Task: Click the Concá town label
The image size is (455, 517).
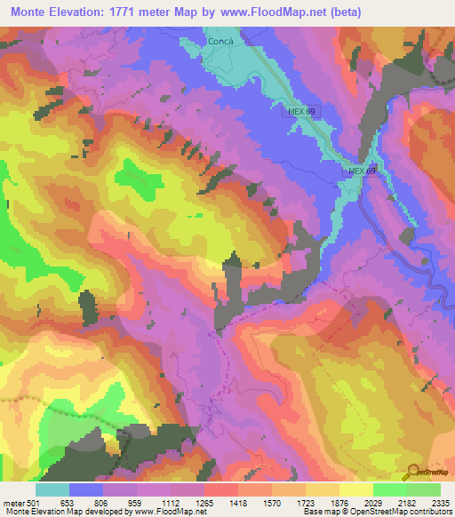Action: click(x=220, y=41)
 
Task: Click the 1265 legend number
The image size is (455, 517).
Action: click(x=204, y=501)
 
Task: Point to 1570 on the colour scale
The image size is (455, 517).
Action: click(x=272, y=501)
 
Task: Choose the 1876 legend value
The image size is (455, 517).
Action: click(x=339, y=501)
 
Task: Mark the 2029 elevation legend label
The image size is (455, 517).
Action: click(x=373, y=501)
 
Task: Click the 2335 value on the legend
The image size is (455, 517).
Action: click(x=441, y=501)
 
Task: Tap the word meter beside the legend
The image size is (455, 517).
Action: click(x=13, y=501)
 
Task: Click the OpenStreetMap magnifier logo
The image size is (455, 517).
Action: click(x=413, y=471)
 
